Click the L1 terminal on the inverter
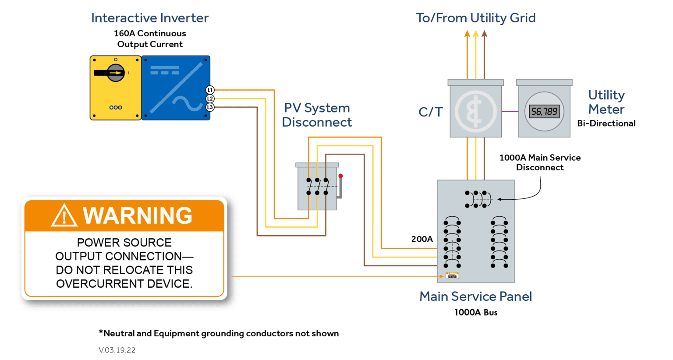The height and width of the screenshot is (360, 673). point(210,90)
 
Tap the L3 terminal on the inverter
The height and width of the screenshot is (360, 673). point(210,107)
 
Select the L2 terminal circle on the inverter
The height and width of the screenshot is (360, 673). point(210,99)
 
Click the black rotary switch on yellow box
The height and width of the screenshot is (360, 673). point(115,73)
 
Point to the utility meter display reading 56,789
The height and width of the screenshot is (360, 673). point(544,112)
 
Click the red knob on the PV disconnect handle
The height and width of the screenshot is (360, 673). point(340,176)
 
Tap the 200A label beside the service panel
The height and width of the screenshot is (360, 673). point(422,239)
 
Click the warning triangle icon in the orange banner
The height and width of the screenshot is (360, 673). point(64,215)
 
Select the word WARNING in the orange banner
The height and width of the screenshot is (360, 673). point(138,215)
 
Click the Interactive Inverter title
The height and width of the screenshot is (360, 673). point(150,18)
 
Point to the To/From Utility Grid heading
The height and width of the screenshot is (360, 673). point(475,18)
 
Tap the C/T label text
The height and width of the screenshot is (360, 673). point(430,112)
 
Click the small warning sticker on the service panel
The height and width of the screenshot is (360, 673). point(452,275)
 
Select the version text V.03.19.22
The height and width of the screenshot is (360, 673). point(117,350)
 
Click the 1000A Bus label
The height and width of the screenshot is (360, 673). point(476,312)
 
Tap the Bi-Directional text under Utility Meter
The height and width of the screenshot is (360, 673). point(606,124)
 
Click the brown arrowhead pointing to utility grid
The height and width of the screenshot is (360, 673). point(484,34)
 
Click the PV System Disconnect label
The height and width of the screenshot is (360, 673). point(317,115)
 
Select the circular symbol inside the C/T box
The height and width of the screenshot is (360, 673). point(475,112)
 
